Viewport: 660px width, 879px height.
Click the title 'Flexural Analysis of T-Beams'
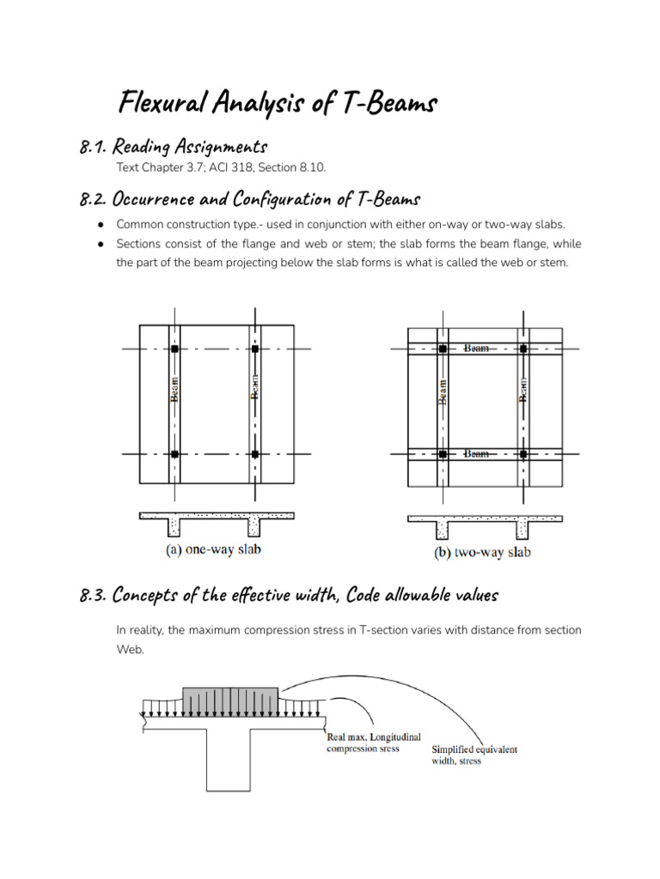pos(278,104)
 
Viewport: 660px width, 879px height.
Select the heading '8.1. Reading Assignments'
pos(173,147)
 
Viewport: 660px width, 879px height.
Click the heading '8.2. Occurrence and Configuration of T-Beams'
pos(249,199)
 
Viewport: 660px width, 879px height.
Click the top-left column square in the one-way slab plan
pos(174,349)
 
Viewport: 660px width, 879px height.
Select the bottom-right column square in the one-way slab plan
pos(255,454)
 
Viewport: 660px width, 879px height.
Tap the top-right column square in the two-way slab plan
pos(522,349)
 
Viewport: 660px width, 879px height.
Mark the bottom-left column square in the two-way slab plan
pos(443,453)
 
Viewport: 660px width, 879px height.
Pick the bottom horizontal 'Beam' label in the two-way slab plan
pos(477,453)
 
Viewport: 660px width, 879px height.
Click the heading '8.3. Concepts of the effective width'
pos(288,595)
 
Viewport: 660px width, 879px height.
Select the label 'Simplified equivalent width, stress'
pos(474,755)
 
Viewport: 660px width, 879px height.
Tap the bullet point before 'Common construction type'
pos(100,224)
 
